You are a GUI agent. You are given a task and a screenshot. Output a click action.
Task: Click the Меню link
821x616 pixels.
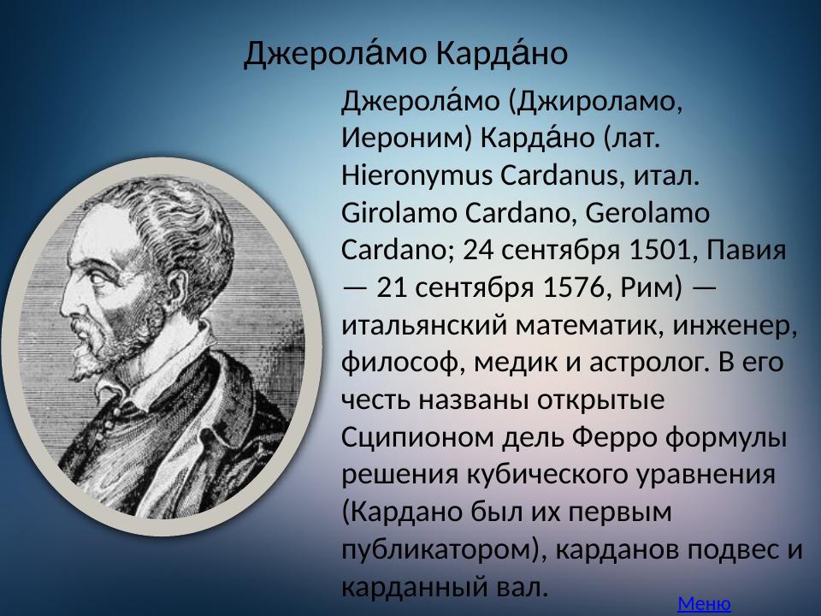coord(704,604)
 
